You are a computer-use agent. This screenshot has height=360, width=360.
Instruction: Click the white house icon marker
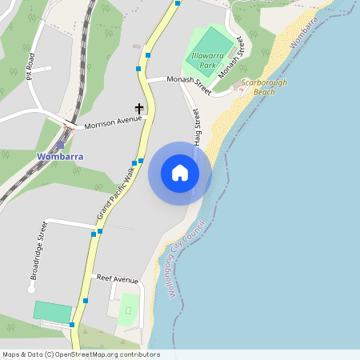click(179, 173)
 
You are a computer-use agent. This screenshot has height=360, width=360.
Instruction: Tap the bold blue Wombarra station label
click(60, 156)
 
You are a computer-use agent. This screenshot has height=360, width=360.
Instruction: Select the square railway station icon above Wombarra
click(60, 145)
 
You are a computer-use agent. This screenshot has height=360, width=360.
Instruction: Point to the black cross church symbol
click(139, 108)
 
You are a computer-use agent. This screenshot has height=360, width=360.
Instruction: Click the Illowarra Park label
click(210, 59)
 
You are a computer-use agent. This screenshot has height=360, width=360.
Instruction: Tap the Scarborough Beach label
click(253, 86)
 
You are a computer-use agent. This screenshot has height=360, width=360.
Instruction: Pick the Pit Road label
click(30, 66)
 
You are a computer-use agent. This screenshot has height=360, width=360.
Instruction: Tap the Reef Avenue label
click(118, 279)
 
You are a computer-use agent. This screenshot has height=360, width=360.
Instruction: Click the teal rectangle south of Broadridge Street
click(53, 311)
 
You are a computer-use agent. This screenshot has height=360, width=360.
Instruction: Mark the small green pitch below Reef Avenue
click(127, 310)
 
